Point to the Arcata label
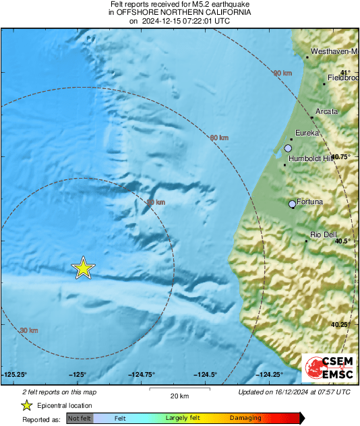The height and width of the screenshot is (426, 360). tap(327, 111)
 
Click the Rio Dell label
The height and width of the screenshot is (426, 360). tap(323, 234)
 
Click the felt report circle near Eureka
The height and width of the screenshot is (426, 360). tap(288, 148)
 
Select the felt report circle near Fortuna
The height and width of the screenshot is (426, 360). tap(292, 204)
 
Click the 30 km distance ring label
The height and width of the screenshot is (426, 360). tap(29, 330)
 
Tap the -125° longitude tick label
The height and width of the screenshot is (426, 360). tap(77, 375)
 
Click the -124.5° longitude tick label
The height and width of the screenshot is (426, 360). tap(205, 375)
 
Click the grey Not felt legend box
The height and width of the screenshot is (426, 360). tap(79, 419)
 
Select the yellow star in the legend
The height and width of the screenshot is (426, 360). tap(26, 405)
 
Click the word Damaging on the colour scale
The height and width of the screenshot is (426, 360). tap(245, 419)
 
